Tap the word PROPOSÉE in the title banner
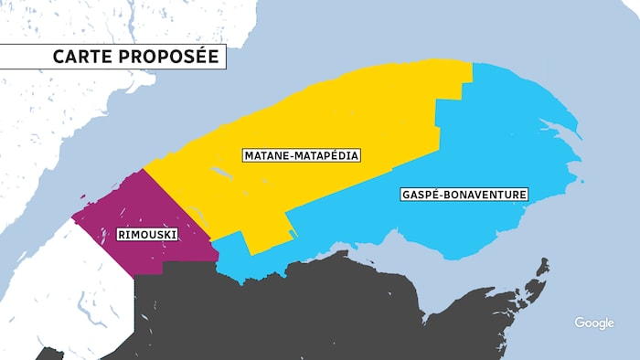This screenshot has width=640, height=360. pos(167,58)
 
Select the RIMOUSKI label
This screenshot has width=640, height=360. pos(147,235)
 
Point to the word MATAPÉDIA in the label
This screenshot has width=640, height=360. pos(329,155)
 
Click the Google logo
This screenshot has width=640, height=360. pos(593,323)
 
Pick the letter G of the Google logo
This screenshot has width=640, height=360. pos(580,323)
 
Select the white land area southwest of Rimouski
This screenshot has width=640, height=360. pos(55,292)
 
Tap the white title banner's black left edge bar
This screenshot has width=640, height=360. pos(2,58)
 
